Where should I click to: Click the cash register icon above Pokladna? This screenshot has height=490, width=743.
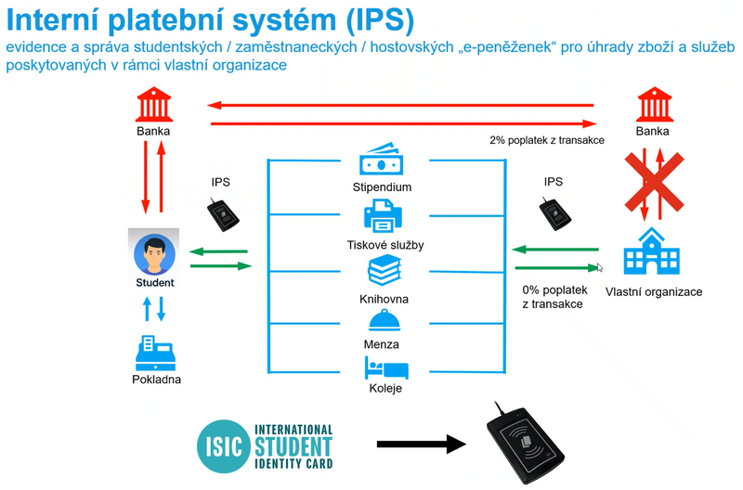click(x=155, y=352)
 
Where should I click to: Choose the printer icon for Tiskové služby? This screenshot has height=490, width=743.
click(x=382, y=217)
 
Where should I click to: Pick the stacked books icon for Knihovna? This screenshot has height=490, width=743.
click(x=383, y=272)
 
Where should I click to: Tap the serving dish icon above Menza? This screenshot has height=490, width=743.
click(x=384, y=320)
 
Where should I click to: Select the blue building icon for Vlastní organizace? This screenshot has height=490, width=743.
click(x=653, y=252)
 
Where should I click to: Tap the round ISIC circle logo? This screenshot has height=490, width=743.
click(x=223, y=445)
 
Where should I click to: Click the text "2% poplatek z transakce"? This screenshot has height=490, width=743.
click(x=547, y=140)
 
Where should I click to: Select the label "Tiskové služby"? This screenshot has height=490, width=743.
click(x=382, y=246)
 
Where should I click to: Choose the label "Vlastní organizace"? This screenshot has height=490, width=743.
click(x=653, y=291)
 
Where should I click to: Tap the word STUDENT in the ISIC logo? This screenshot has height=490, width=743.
click(x=292, y=444)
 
